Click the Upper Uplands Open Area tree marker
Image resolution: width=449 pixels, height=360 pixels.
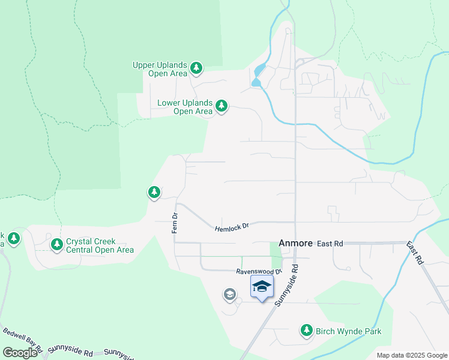coord(196,69)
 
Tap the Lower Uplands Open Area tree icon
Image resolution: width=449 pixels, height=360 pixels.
coord(221,106)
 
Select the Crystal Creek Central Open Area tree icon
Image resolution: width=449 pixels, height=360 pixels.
coord(57,244)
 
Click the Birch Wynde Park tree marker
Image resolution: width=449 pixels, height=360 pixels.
coord(307,330)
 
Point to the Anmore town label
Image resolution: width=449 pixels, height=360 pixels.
coord(295,244)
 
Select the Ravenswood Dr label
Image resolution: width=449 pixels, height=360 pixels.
coord(259,271)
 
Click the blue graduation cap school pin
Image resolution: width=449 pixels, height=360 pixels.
coord(262,287)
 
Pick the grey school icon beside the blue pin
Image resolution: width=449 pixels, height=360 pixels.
coord(229,294)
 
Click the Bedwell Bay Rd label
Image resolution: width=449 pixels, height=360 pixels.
coord(22,339)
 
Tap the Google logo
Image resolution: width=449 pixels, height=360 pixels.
coord(20,353)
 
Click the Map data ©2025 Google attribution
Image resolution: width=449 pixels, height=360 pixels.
coord(411,355)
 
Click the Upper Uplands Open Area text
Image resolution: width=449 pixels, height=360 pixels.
coord(160,69)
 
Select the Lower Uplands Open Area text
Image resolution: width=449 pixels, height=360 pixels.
coord(185,107)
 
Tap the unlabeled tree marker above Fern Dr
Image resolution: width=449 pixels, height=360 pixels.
coord(154,192)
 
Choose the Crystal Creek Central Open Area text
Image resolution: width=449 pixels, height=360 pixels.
coord(100,245)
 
